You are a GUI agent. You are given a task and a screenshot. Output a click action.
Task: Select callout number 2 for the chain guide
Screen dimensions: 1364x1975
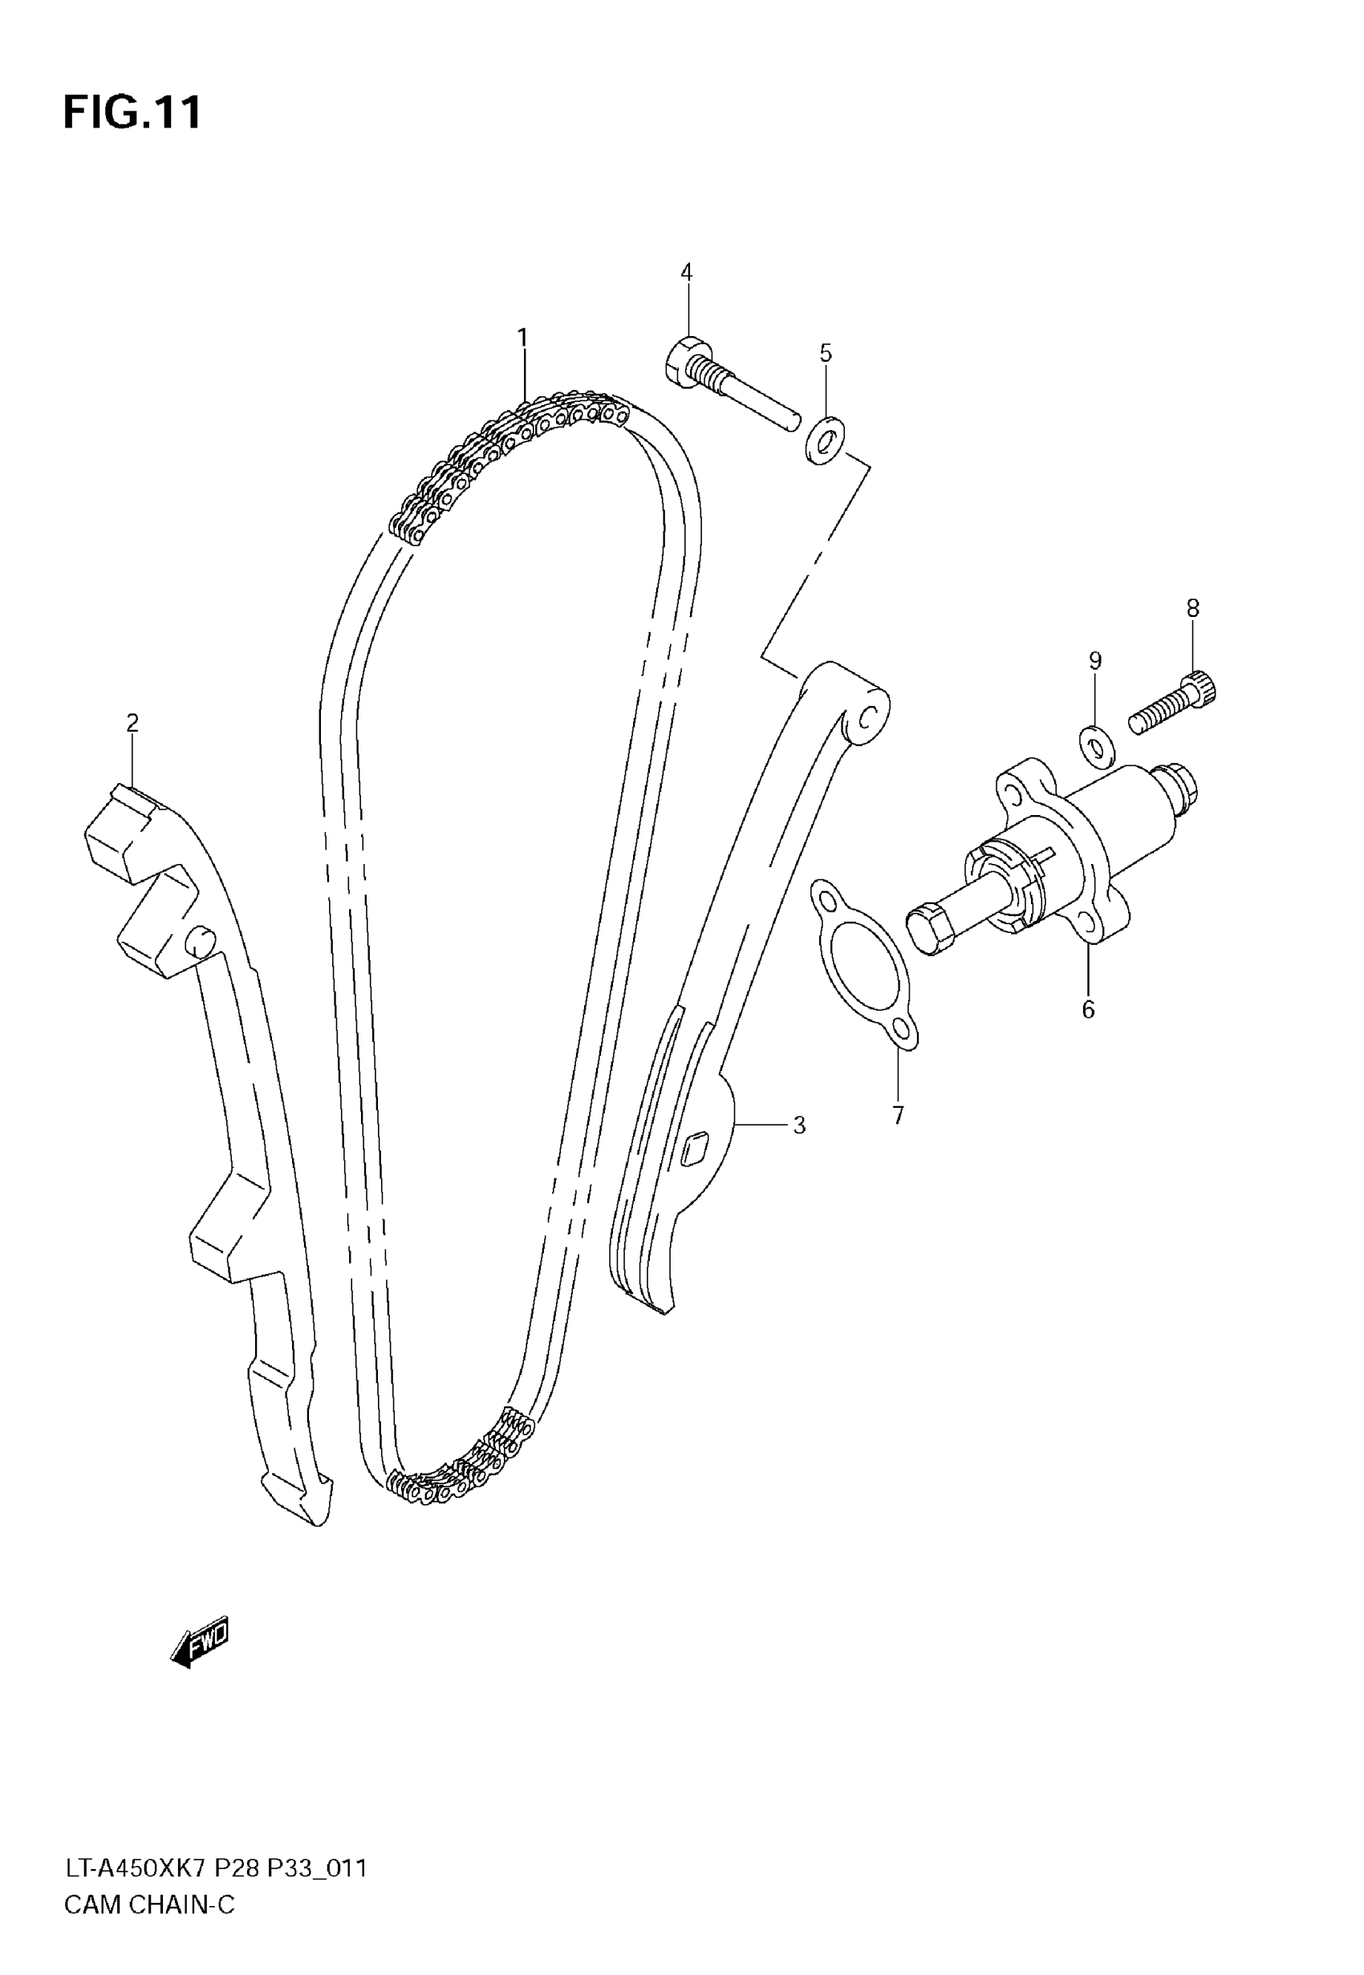pyautogui.click(x=132, y=724)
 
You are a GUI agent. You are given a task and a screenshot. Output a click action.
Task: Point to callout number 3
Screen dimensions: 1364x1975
pyautogui.click(x=799, y=1125)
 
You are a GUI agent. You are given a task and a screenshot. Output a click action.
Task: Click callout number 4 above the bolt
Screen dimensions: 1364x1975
pyautogui.click(x=686, y=272)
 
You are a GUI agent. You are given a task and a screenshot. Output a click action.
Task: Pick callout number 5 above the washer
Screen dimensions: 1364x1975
pyautogui.click(x=826, y=353)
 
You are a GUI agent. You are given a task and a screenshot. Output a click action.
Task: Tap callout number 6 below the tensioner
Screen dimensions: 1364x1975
pyautogui.click(x=1088, y=1010)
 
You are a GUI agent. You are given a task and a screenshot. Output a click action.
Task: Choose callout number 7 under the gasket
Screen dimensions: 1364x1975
pyautogui.click(x=898, y=1116)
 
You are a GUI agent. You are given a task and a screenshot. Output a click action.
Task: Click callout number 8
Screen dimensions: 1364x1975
pyautogui.click(x=1193, y=608)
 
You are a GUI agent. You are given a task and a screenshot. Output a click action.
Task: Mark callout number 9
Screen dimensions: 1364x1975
pyautogui.click(x=1094, y=660)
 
